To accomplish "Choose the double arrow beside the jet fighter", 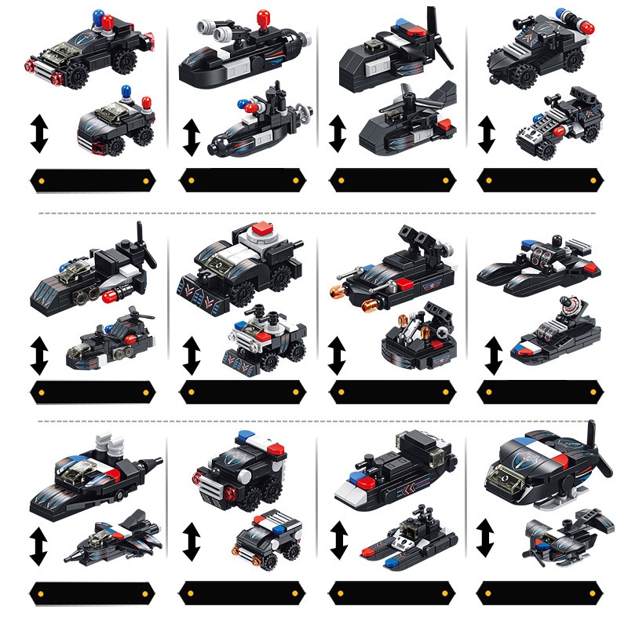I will [x=38, y=542].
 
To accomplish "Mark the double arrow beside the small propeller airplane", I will [x=485, y=538].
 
